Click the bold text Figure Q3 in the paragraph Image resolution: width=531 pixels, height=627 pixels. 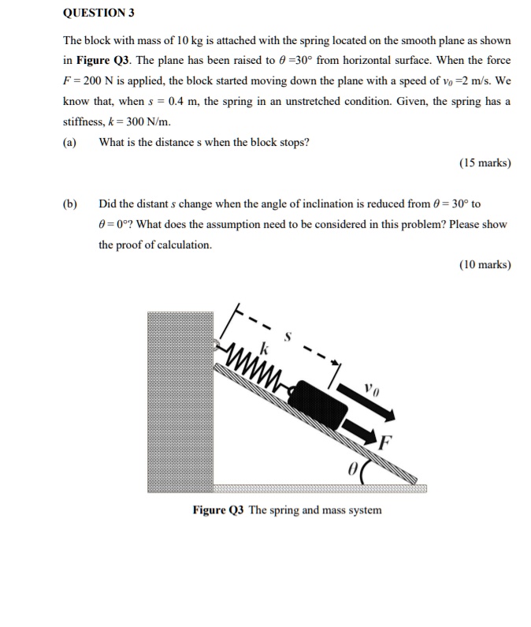pyautogui.click(x=99, y=60)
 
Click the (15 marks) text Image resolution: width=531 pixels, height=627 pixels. pyautogui.click(x=485, y=163)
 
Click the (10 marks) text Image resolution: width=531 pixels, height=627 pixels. pyautogui.click(x=485, y=265)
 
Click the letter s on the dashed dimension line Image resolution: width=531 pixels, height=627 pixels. pyautogui.click(x=288, y=338)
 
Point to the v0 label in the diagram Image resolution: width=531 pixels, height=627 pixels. pyautogui.click(x=371, y=388)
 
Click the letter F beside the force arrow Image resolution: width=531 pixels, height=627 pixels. pyautogui.click(x=385, y=442)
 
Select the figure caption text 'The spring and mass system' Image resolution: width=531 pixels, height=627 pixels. pyautogui.click(x=314, y=509)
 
